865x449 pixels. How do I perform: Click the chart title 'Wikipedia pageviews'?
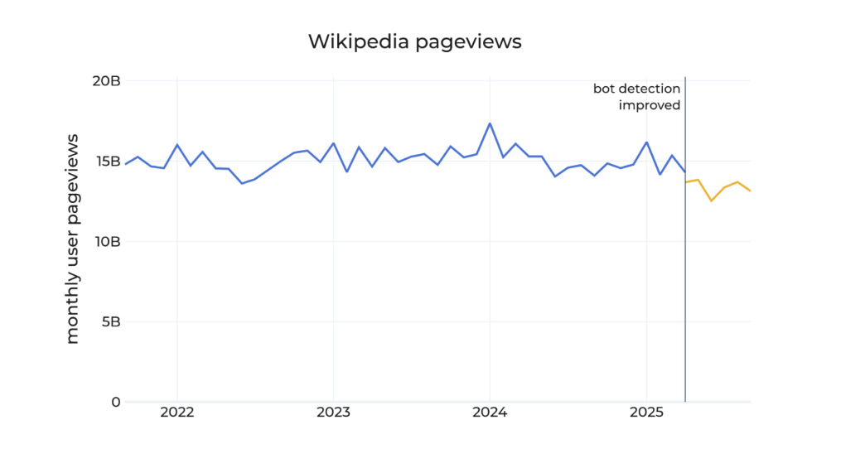(414, 41)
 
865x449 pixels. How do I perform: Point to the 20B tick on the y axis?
(106, 81)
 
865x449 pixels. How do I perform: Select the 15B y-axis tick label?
(106, 162)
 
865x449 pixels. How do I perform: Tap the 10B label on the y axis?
(106, 242)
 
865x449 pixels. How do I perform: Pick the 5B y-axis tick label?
(110, 322)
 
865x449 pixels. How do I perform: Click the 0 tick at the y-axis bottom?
(115, 403)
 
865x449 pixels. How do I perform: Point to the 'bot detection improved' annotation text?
(636, 97)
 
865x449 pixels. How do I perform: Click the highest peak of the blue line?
(490, 123)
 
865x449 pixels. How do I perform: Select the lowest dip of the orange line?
(711, 200)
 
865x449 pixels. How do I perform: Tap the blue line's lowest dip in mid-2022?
(242, 183)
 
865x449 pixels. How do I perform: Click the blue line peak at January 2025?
(646, 142)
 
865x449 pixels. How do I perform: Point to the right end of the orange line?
(750, 191)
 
